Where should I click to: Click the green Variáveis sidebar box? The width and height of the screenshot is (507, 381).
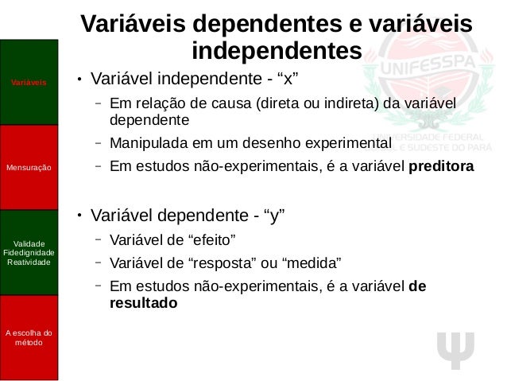pos(29,83)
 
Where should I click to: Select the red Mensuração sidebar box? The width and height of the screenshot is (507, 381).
pos(29,168)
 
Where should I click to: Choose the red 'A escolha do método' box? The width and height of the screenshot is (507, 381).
pos(29,337)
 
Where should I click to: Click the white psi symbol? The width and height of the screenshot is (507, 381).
pos(456,348)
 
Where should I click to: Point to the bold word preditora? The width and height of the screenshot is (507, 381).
pos(447,168)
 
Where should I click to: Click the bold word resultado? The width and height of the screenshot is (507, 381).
pos(144,303)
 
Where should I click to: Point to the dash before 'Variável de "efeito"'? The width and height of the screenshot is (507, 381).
pos(96,239)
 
